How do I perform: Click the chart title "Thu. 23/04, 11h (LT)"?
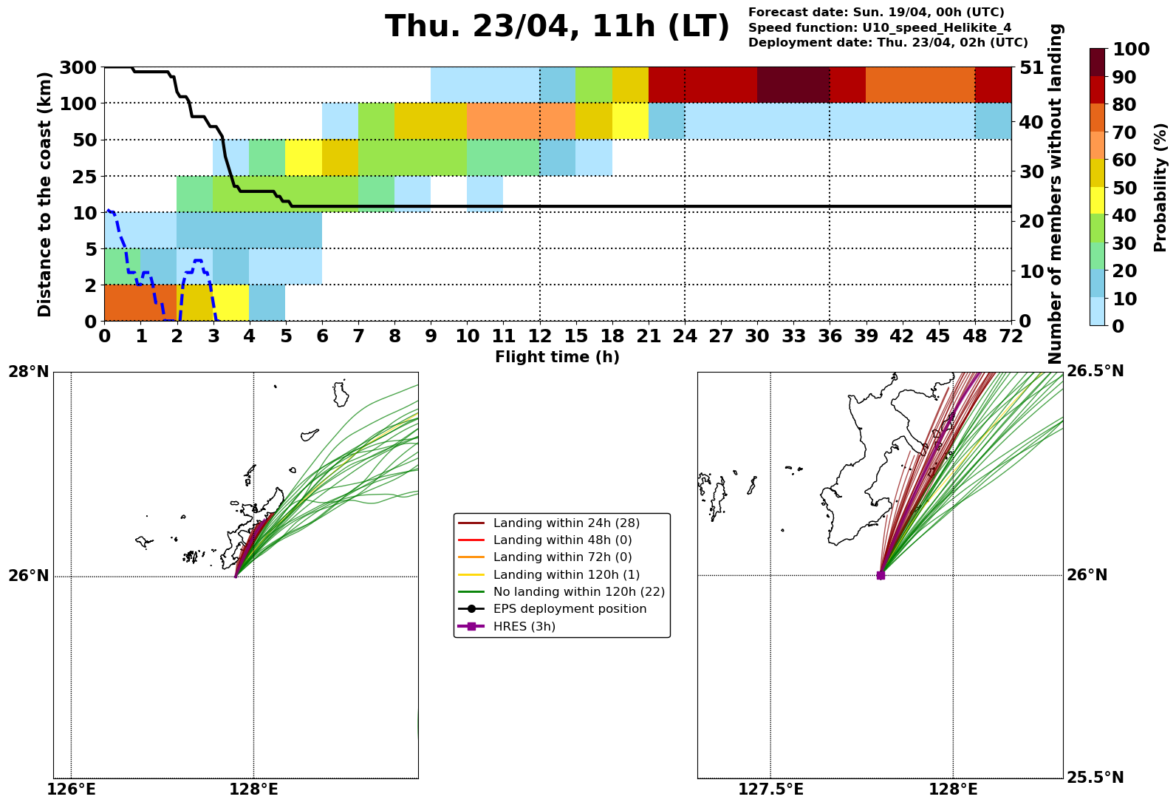(x=557, y=27)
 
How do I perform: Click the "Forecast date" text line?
(x=876, y=13)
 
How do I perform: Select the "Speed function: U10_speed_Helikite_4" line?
(x=880, y=28)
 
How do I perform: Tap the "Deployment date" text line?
(x=888, y=43)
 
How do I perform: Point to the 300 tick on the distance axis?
(x=78, y=68)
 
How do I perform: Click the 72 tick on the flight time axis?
(x=1011, y=336)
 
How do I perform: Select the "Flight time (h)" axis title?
(x=557, y=358)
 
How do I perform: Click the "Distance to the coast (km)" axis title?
(x=45, y=194)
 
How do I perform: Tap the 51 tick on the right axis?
(x=1031, y=68)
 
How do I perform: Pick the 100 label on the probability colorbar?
(x=1129, y=50)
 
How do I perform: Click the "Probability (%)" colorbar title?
(x=1160, y=187)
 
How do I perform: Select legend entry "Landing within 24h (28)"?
(x=566, y=523)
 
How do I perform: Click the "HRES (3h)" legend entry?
(x=524, y=627)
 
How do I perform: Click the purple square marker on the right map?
(x=881, y=575)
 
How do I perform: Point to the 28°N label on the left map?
(x=29, y=371)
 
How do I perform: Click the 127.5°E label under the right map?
(x=770, y=790)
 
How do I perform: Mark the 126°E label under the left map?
(x=71, y=790)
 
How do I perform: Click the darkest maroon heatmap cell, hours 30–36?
(x=793, y=85)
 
